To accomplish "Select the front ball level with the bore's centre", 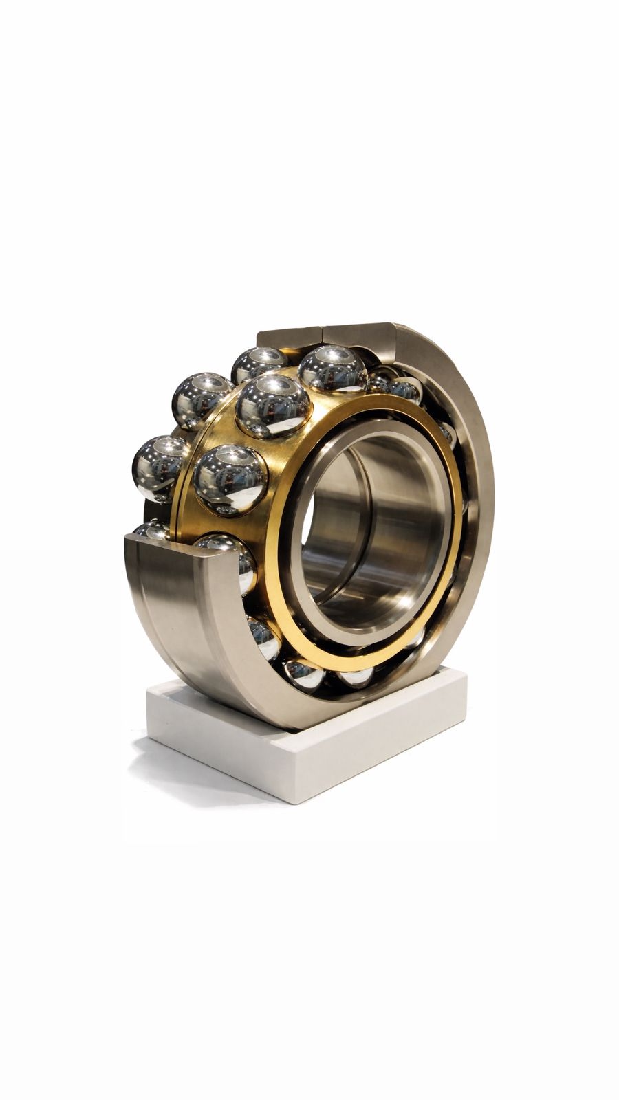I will tap(230, 479).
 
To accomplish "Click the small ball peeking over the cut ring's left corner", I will tap(151, 530).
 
